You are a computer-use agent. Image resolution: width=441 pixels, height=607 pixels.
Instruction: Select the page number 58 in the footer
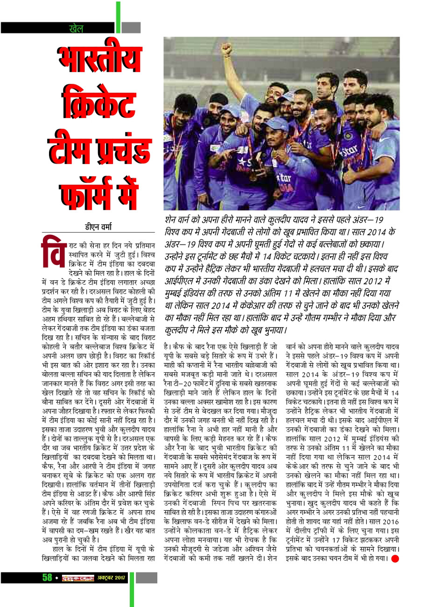pos(47,577)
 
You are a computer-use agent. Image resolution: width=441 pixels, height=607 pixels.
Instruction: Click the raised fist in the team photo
pos(227,48)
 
